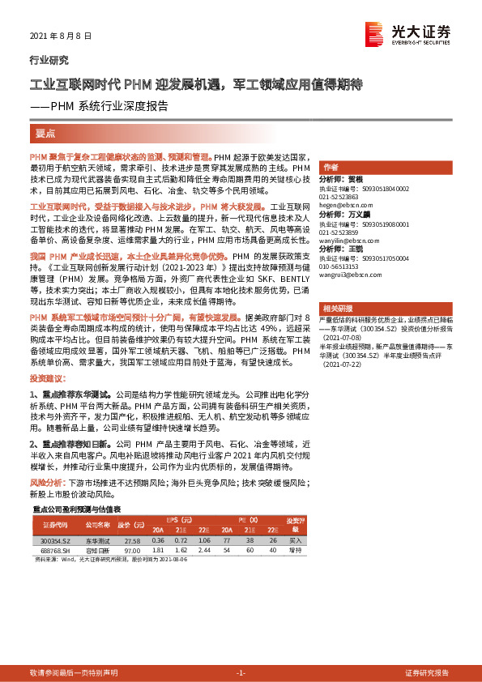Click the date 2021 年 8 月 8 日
(x=60, y=37)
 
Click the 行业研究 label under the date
(x=49, y=60)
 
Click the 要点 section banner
(x=45, y=133)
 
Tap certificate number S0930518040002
(x=375, y=188)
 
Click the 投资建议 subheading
(x=45, y=378)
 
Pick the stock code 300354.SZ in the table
(x=57, y=539)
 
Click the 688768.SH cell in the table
(x=57, y=549)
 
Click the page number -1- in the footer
(x=241, y=672)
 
